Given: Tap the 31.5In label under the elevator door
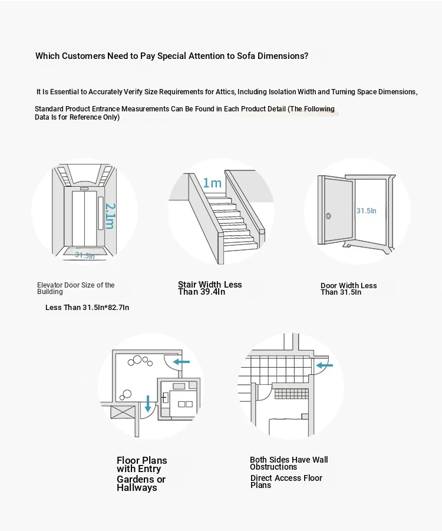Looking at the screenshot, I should click(x=84, y=255).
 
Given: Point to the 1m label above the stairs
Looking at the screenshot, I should click(x=212, y=183).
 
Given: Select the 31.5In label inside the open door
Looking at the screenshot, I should click(x=366, y=210).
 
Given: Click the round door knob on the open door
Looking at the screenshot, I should click(x=328, y=216).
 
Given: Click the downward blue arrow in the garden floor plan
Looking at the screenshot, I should click(x=147, y=404).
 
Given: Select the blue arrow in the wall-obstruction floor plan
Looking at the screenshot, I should click(x=325, y=365).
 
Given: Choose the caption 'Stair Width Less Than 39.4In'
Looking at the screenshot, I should click(x=210, y=288).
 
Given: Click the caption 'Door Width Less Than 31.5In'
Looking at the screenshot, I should click(x=348, y=289).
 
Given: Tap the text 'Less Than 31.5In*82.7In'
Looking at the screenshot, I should click(x=87, y=308).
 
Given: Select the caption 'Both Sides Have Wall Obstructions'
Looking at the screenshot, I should click(x=289, y=463).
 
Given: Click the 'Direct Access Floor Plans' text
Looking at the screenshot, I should click(x=286, y=481).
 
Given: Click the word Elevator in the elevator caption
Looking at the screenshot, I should click(x=50, y=285).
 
